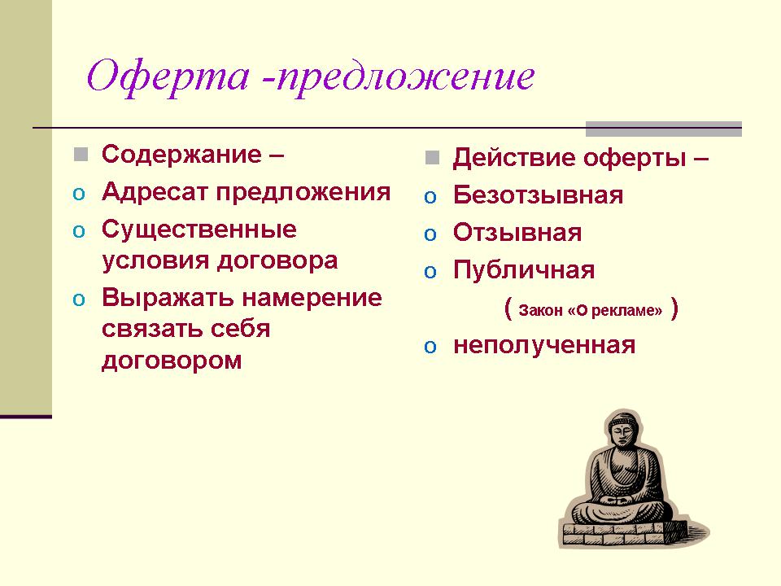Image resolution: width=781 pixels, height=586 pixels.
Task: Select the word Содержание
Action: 181,154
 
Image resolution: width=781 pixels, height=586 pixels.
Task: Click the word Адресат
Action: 155,192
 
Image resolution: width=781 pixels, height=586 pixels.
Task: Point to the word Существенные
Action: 199,230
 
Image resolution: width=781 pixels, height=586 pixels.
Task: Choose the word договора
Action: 277,261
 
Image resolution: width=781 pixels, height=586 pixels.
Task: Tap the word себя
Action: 240,329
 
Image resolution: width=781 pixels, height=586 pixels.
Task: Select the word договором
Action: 172,360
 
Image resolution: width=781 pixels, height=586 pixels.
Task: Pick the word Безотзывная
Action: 538,195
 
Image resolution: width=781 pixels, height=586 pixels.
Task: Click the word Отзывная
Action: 517,233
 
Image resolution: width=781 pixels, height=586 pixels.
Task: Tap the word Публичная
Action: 523,270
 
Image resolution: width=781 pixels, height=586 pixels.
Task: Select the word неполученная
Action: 544,346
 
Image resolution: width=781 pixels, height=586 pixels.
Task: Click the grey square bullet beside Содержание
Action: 81,155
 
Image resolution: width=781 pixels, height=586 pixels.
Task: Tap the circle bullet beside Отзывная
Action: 430,234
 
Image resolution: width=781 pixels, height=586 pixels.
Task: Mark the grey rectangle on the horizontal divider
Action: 664,129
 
